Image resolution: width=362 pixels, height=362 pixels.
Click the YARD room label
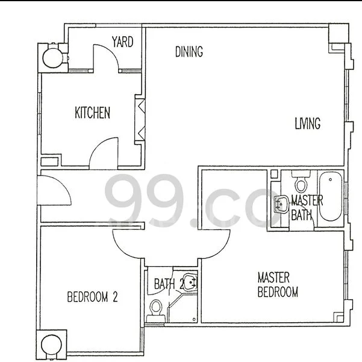pos(122,42)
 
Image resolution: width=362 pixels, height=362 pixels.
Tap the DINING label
pos(189,52)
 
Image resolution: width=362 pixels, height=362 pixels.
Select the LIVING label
pos(307,124)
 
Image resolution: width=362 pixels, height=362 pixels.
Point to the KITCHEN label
pos(92,113)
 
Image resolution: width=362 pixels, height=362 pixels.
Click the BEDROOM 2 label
pos(92,297)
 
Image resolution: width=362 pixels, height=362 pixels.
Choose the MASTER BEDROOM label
pos(277,285)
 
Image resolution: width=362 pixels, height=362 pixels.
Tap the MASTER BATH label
pos(307,207)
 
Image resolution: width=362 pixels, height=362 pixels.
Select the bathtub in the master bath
pos(329,197)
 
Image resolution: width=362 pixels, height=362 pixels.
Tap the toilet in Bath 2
pos(156,307)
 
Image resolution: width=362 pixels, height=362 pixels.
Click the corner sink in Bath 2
pos(190,282)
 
